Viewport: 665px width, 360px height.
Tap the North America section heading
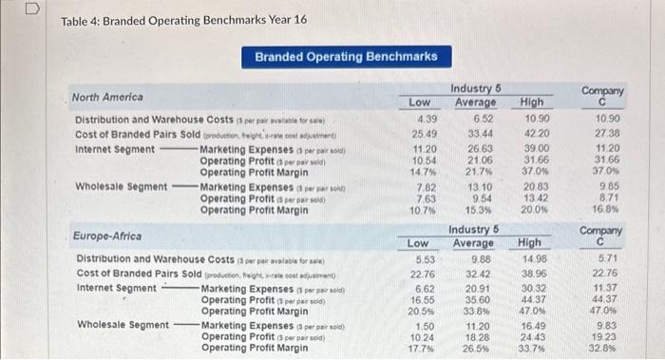click(107, 97)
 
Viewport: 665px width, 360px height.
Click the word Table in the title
click(76, 20)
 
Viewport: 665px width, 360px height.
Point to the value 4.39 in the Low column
click(427, 118)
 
